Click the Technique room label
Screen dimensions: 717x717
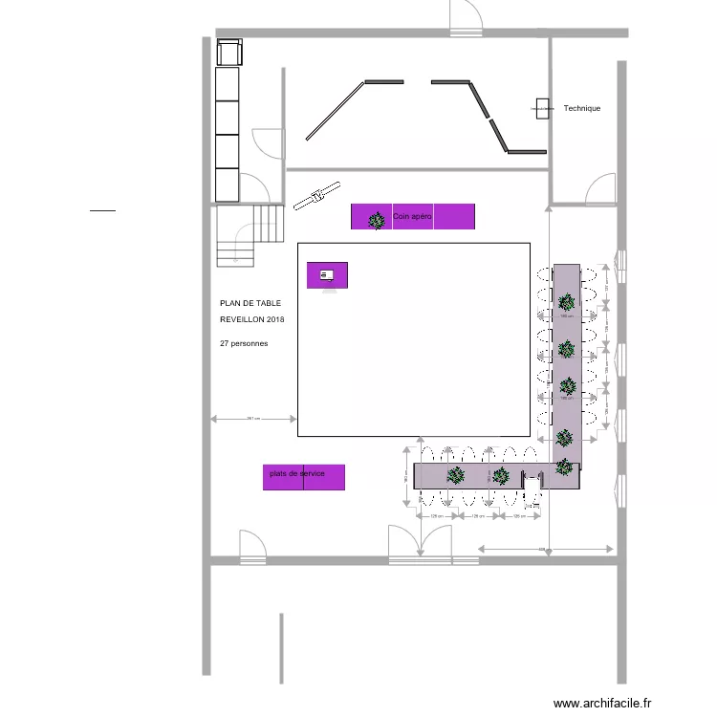581,109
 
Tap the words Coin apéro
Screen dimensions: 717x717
413,218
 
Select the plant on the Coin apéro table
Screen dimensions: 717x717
377,219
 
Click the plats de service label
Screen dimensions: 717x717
297,473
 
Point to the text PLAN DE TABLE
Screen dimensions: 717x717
250,303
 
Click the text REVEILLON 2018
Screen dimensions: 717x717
252,319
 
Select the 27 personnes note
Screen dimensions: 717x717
244,342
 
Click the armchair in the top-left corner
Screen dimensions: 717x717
229,53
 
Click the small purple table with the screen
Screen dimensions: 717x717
327,275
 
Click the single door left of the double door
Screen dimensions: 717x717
252,546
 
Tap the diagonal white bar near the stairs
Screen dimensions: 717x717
316,195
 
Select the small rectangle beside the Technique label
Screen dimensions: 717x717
543,108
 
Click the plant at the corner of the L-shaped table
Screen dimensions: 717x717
565,467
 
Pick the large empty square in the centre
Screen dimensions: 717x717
414,339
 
